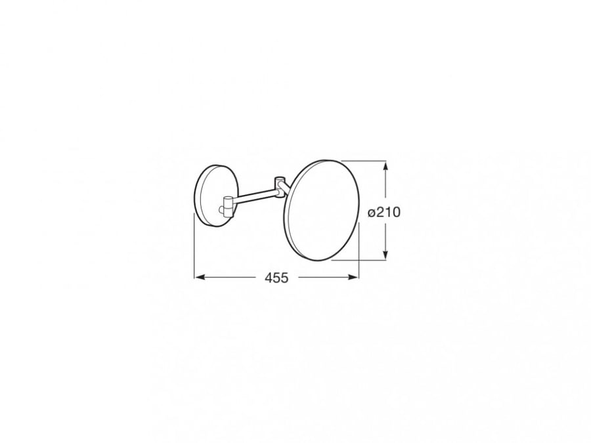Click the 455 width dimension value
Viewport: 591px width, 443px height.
(x=276, y=278)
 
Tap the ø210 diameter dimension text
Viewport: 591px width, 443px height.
(x=384, y=213)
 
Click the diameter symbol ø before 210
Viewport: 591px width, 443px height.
(x=372, y=213)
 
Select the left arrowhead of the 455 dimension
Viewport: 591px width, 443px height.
(x=200, y=277)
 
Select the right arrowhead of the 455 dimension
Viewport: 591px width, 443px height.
(x=353, y=277)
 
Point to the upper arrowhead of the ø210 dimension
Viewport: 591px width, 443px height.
(x=385, y=167)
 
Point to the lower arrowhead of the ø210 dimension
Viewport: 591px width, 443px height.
(x=385, y=254)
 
